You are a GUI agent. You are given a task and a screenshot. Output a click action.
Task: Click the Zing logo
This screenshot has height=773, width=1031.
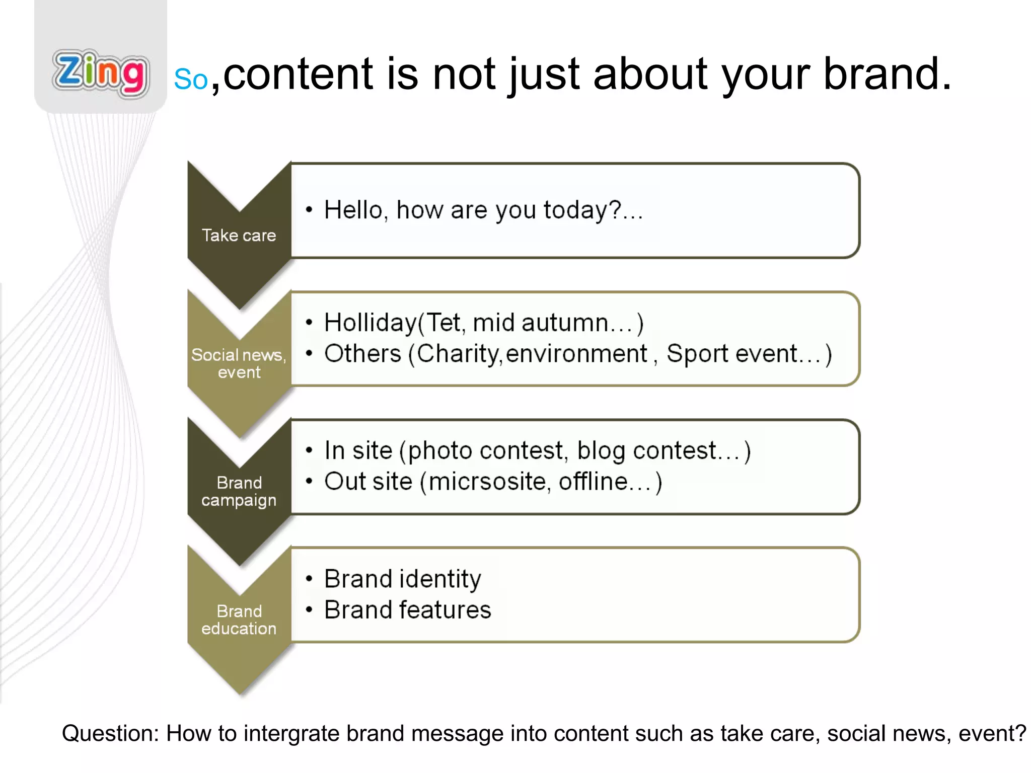click(101, 73)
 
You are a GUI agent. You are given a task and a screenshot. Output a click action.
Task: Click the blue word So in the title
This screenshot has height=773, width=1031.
click(191, 80)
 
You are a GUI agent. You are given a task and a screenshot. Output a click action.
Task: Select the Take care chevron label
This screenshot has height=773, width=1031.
click(239, 236)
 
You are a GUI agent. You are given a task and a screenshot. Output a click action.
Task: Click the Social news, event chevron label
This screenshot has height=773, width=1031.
click(239, 363)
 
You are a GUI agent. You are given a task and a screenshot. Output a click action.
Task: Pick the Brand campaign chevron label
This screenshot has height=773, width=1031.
click(239, 491)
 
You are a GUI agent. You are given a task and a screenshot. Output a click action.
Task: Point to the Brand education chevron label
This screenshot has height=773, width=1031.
click(239, 620)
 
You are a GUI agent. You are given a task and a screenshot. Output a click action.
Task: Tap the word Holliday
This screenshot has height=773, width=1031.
click(371, 323)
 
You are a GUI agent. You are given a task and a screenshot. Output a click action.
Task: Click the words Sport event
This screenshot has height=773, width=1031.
click(732, 354)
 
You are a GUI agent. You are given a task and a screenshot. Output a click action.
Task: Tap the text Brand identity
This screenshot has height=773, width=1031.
click(402, 579)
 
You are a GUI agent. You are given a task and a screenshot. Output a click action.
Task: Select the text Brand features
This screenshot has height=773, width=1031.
click(407, 610)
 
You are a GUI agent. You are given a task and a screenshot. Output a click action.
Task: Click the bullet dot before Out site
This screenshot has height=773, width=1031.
click(309, 482)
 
